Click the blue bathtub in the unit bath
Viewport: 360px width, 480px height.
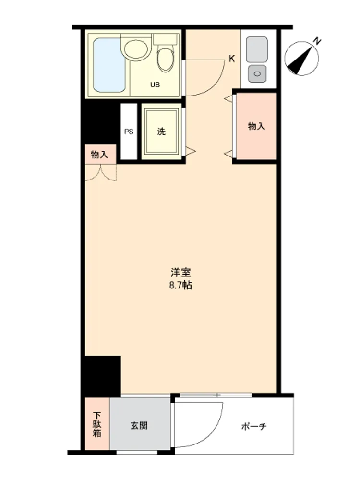coord(109,65)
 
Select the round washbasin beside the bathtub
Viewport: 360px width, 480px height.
coord(136,48)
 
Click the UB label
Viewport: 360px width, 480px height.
coord(155,85)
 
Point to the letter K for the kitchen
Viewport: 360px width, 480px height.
coord(232,59)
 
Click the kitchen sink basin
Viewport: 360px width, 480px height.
coord(257,49)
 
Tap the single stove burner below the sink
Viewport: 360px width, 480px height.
coord(257,74)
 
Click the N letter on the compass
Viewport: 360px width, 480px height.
coord(318,41)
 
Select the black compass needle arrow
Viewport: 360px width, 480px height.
coord(301,60)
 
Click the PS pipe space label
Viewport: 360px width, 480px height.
coord(129,132)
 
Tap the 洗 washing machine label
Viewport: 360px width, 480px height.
coord(161,132)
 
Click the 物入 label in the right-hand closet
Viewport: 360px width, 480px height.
coord(256,126)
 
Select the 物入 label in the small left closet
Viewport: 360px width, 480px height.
coord(99,155)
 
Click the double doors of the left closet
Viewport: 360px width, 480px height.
coord(100,172)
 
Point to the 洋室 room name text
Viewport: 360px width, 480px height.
coord(180,272)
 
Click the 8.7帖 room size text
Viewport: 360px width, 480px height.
coord(180,285)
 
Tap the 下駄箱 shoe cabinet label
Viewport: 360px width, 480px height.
coord(97,424)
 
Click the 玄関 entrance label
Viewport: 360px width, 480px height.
coord(139,425)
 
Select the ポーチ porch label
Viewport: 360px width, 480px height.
coord(254,426)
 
